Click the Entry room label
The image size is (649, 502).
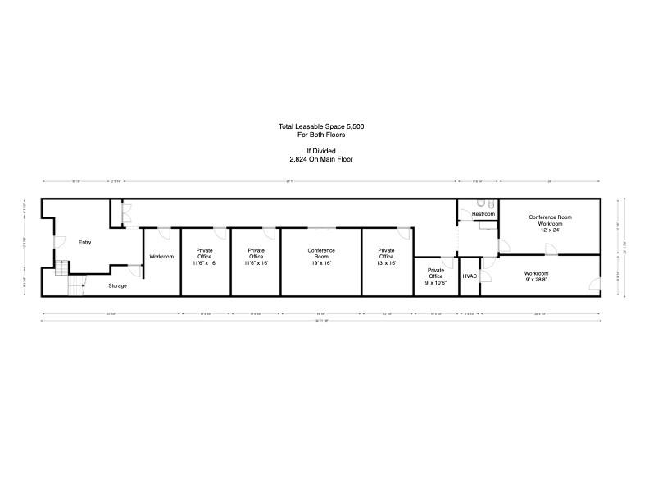pos(84,242)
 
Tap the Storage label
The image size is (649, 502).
pos(118,285)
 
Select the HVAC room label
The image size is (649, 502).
pos(470,276)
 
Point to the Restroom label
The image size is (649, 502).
pos(483,214)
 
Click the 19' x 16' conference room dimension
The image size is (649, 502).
pos(321,263)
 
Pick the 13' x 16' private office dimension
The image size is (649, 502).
pos(386,263)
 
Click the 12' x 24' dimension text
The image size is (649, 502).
pos(550,230)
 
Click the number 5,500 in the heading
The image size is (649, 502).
pos(353,126)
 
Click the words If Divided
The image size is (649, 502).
pos(320,151)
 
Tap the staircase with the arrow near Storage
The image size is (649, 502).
pos(75,284)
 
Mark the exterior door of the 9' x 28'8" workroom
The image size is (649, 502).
pos(594,285)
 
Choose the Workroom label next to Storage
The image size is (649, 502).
pos(161,257)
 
